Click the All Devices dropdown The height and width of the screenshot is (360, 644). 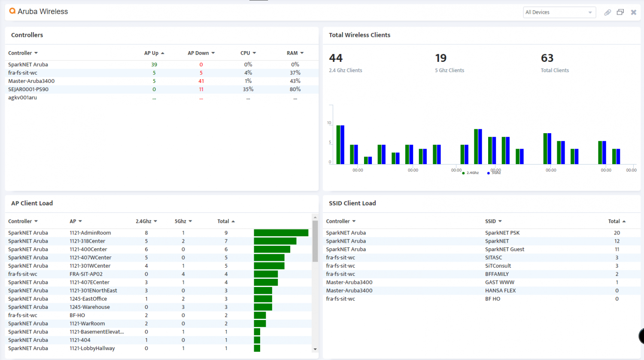[x=559, y=12]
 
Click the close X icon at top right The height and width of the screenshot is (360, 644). [x=633, y=12]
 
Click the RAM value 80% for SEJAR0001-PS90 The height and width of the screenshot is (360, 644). [x=295, y=89]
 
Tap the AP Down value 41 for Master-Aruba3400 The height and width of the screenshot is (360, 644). [x=201, y=81]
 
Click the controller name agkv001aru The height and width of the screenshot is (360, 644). [x=22, y=98]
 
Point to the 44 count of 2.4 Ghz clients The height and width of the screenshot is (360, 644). [x=336, y=58]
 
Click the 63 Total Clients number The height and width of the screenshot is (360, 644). [x=547, y=58]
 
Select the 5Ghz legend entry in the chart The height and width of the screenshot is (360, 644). [x=494, y=173]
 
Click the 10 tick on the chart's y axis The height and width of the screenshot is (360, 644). [x=329, y=123]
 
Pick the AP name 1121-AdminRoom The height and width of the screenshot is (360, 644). [x=90, y=233]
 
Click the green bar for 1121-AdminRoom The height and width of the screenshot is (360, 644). [x=281, y=233]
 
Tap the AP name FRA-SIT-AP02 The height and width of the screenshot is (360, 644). [x=86, y=274]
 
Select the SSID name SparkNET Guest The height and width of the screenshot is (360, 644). [x=504, y=249]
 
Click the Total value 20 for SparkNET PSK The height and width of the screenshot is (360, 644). [x=617, y=233]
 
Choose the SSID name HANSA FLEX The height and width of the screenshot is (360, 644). [x=500, y=290]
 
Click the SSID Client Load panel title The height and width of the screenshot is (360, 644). [x=352, y=203]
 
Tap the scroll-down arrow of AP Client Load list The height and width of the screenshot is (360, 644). [x=315, y=349]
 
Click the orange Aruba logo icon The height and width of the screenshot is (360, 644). [x=12, y=11]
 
